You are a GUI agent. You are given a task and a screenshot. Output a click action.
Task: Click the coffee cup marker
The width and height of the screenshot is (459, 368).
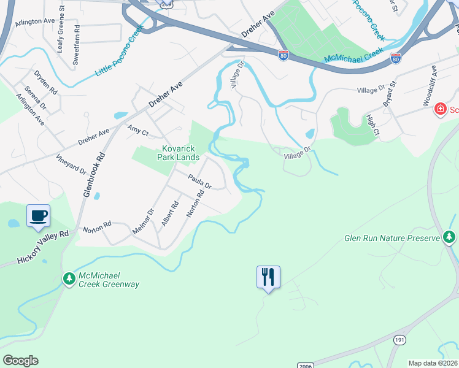[38, 216]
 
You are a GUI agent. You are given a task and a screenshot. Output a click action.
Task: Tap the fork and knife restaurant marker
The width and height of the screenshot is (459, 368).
[268, 277]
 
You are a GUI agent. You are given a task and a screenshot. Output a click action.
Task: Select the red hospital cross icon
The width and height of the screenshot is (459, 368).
[440, 110]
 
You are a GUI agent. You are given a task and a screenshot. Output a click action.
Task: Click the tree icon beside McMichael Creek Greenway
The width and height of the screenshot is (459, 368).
[69, 279]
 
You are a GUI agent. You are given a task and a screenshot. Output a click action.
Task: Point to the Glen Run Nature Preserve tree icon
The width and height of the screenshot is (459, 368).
[450, 237]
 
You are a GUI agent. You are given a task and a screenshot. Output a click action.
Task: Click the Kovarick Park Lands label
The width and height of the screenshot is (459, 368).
[180, 153]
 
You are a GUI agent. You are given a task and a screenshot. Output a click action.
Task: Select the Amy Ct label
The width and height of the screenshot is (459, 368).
[138, 131]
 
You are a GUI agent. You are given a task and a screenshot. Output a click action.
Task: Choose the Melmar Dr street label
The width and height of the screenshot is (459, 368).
[142, 221]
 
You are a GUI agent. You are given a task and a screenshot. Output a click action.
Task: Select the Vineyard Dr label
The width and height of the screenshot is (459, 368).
[72, 165]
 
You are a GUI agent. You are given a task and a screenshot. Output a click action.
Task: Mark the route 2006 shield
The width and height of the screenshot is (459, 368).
[305, 366]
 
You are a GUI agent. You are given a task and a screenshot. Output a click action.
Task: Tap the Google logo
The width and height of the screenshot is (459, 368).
[20, 361]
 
